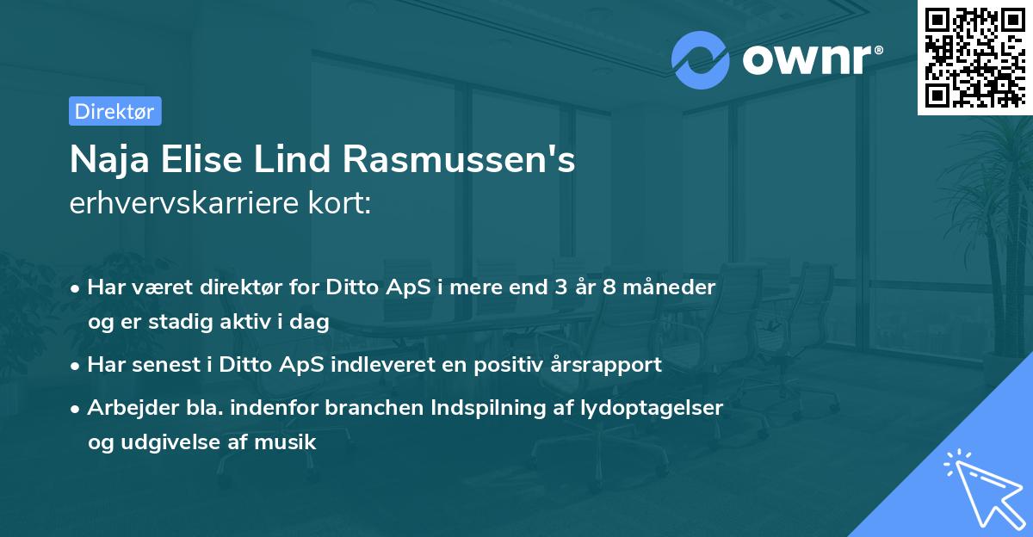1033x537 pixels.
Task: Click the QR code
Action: (x=974, y=57)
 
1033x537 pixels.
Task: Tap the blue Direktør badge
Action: (x=114, y=111)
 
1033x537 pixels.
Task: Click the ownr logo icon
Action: (x=701, y=59)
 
